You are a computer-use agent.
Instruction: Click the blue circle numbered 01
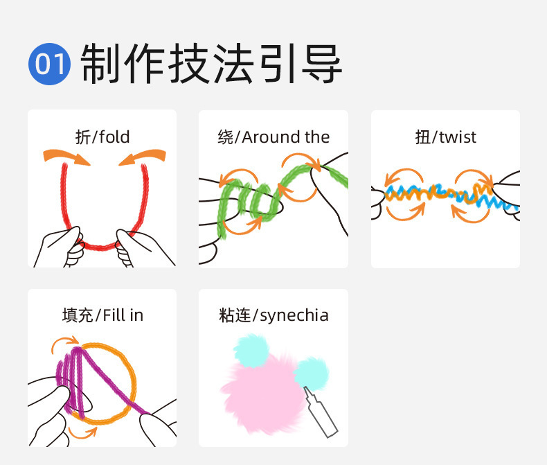(49, 64)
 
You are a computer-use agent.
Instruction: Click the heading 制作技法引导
(211, 64)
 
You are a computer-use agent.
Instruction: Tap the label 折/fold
(102, 137)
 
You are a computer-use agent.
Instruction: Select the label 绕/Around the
(273, 137)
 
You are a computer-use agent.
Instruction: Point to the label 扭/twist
(445, 137)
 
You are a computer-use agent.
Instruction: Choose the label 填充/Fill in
(102, 315)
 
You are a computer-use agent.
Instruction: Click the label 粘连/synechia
(273, 316)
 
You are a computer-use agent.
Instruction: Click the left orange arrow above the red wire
(67, 156)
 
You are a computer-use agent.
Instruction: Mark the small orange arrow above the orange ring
(66, 340)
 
